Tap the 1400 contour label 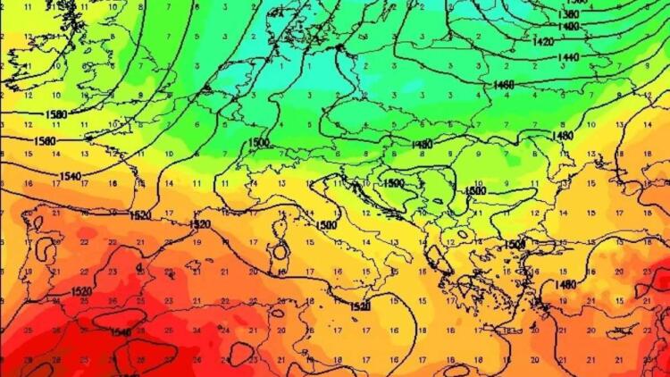(x=568, y=27)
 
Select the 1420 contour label (x=542, y=42)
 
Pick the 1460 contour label (x=505, y=84)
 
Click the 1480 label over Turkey (x=565, y=284)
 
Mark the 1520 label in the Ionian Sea (x=359, y=306)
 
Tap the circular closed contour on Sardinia (x=281, y=251)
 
